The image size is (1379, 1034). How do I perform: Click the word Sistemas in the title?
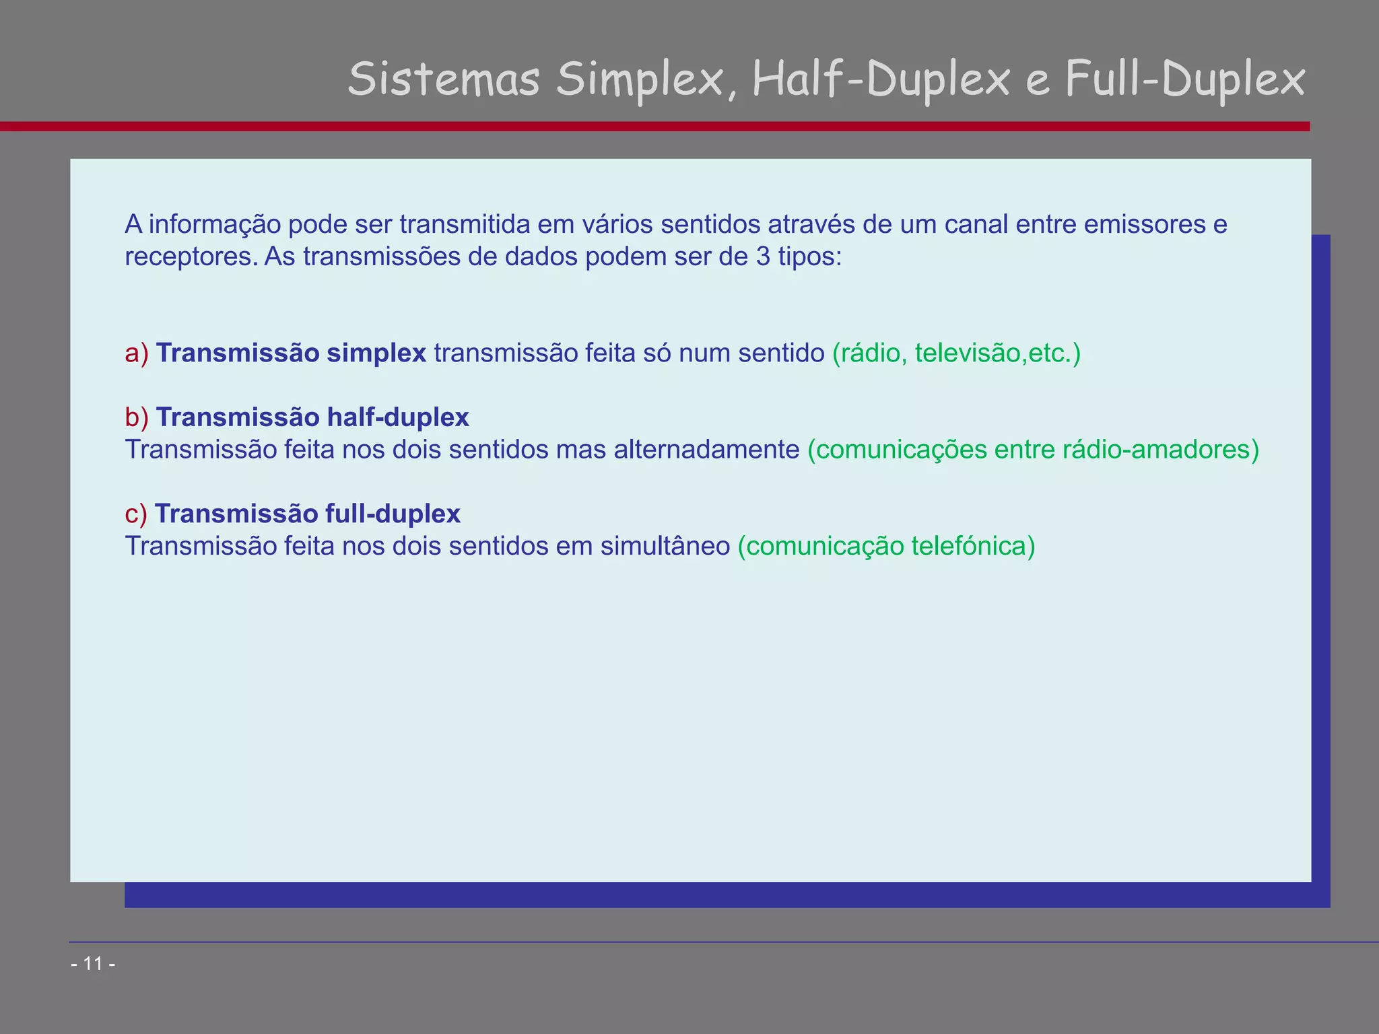pyautogui.click(x=444, y=79)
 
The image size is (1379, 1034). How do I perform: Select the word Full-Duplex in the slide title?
pyautogui.click(x=1184, y=79)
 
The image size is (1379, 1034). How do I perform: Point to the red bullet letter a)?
pyautogui.click(x=137, y=353)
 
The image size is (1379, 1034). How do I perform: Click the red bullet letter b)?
pyautogui.click(x=137, y=417)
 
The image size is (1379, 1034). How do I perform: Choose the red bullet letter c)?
pyautogui.click(x=136, y=514)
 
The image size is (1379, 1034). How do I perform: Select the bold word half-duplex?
pyautogui.click(x=397, y=417)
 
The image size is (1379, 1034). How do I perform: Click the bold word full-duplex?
pyautogui.click(x=393, y=514)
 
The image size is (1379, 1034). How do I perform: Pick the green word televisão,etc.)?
pyautogui.click(x=997, y=353)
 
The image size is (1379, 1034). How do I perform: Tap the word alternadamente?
pyautogui.click(x=706, y=450)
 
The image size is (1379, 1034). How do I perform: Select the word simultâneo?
pyautogui.click(x=665, y=546)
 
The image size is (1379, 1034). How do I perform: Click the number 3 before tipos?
pyautogui.click(x=763, y=256)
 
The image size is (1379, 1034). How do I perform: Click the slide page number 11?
pyautogui.click(x=93, y=964)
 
